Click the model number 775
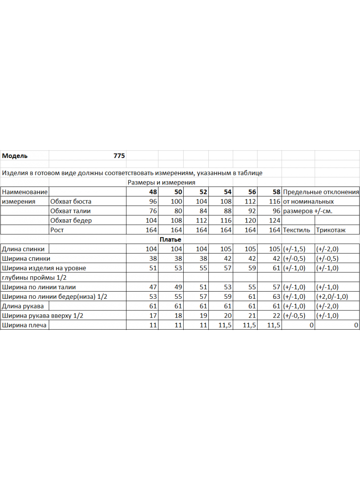[x=119, y=156]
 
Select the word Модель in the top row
[x=15, y=156]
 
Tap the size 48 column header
[x=152, y=192]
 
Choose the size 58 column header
[x=276, y=192]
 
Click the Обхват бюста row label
[x=71, y=202]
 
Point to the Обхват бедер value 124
[x=275, y=221]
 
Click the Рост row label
[x=57, y=230]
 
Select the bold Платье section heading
[x=170, y=240]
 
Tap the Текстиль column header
[x=296, y=230]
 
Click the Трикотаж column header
[x=331, y=230]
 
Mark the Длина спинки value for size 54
[x=226, y=249]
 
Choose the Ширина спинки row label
[x=26, y=258]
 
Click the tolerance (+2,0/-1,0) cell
[x=332, y=297]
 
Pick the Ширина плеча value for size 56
[x=250, y=325]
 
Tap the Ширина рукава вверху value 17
[x=153, y=316]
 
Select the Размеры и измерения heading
[x=161, y=182]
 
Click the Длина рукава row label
[x=23, y=306]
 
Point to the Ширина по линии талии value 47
[x=153, y=287]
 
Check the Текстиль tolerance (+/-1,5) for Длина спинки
[x=294, y=249]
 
